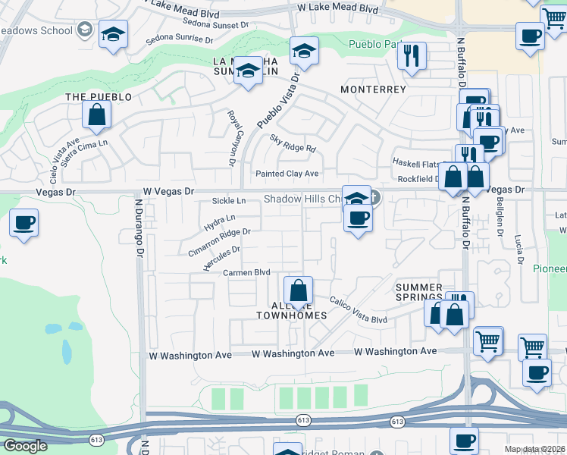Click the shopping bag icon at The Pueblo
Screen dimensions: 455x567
click(97, 115)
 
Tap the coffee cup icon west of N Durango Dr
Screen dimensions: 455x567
click(23, 224)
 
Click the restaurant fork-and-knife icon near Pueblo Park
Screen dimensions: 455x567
click(412, 55)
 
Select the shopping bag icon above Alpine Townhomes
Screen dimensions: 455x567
click(299, 291)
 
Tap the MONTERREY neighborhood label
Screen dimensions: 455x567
click(374, 89)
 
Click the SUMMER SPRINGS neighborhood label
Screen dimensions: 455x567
click(419, 293)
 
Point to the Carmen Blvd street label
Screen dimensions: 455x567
click(246, 272)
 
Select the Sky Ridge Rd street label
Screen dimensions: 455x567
click(292, 143)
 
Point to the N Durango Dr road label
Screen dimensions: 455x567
click(139, 228)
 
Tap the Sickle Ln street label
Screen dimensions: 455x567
click(230, 201)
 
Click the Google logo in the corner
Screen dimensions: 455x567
click(25, 446)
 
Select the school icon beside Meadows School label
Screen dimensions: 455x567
click(113, 34)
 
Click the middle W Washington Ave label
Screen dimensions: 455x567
click(293, 353)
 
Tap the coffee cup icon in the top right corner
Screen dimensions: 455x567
click(530, 36)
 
